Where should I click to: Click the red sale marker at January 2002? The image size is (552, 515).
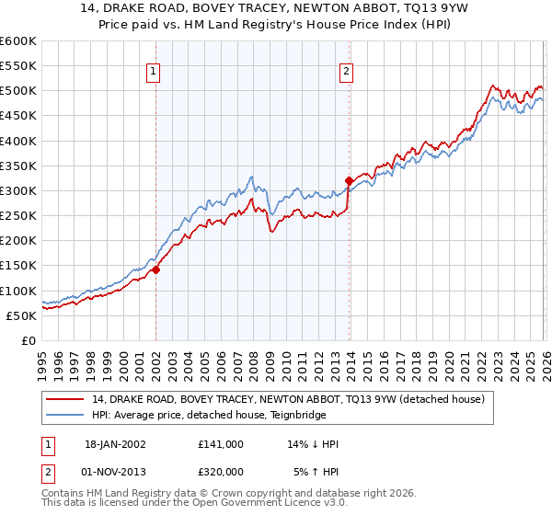(155, 269)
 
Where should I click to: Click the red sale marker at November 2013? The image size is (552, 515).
(348, 180)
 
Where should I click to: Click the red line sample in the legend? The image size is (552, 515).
(66, 399)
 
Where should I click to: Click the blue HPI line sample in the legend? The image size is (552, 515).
(66, 415)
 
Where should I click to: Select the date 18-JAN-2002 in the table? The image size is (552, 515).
(114, 443)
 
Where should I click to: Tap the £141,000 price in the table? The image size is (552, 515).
(221, 443)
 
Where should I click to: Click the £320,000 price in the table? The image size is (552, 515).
(221, 471)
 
